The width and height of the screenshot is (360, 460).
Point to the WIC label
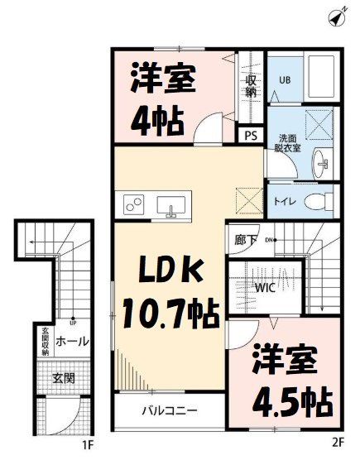(x=266, y=289)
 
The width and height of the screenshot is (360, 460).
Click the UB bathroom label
(x=285, y=80)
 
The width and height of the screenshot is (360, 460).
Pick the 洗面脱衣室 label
(x=287, y=142)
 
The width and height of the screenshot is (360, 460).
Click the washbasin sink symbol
(x=321, y=163)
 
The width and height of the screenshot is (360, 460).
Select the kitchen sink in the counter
(x=174, y=204)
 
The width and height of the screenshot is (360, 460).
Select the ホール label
(x=73, y=341)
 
